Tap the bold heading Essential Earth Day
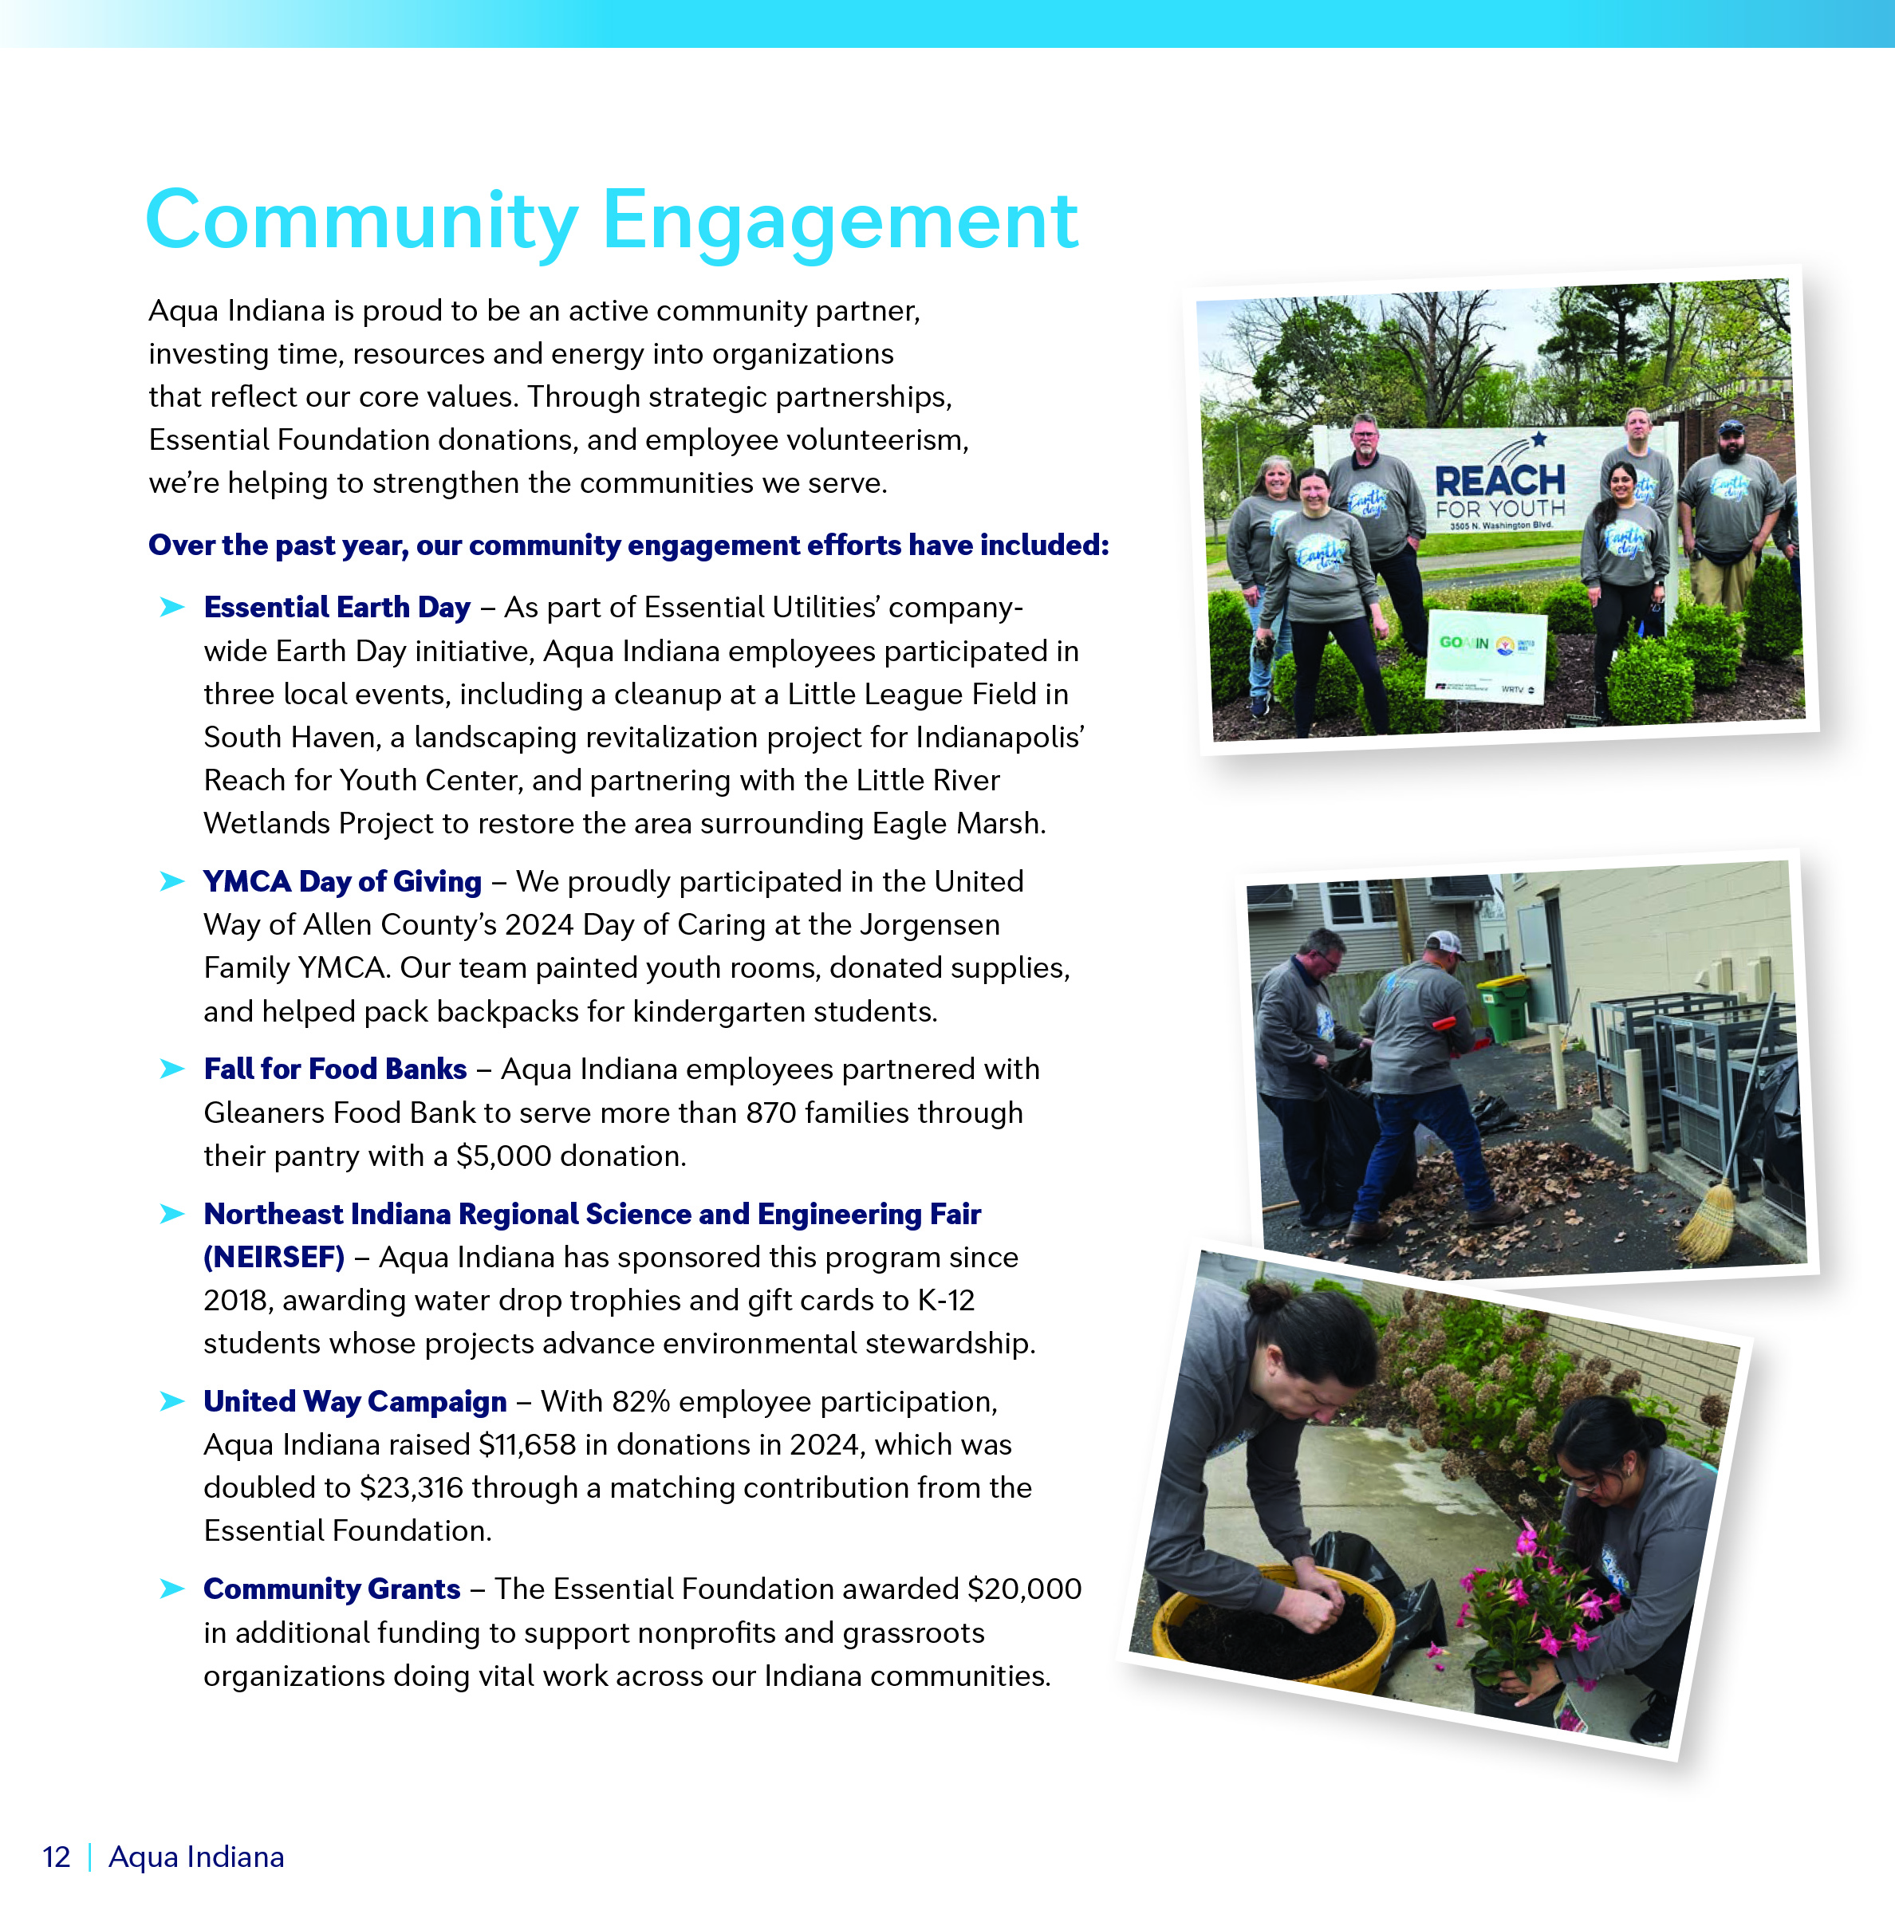(x=337, y=607)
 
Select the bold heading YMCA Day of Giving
(x=341, y=882)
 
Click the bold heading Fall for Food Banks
(x=335, y=1069)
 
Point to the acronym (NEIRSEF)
(x=274, y=1257)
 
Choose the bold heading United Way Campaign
(x=355, y=1402)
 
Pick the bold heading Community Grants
(x=332, y=1589)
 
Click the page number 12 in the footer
(x=57, y=1857)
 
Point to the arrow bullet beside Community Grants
(x=172, y=1589)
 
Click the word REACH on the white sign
(x=1499, y=482)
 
